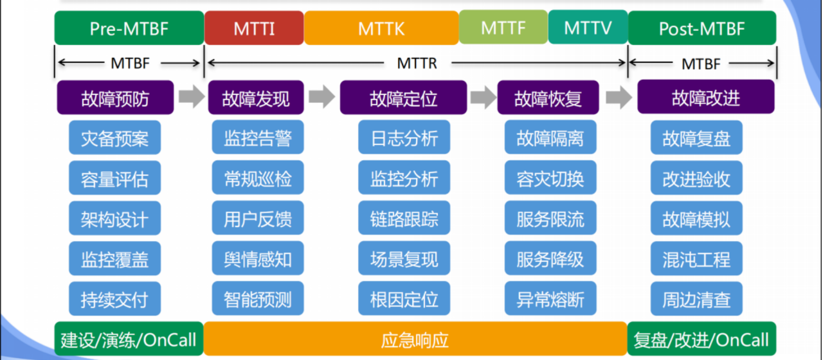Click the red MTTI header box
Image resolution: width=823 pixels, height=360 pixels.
[x=254, y=28]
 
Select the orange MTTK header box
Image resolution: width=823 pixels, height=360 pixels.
[x=381, y=28]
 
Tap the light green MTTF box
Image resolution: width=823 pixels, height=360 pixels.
[x=503, y=28]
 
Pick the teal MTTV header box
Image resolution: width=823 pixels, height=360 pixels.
[x=588, y=28]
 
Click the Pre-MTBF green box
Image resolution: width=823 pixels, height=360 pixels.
[x=129, y=28]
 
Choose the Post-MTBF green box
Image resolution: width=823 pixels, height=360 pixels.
[x=701, y=28]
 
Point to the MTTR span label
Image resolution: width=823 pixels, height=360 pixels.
[x=416, y=63]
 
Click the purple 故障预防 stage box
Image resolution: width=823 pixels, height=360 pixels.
[x=115, y=98]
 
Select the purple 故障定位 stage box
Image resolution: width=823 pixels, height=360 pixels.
[x=403, y=98]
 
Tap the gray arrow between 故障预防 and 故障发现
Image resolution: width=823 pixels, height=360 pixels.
[x=191, y=97]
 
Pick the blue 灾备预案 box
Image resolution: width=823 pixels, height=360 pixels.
[x=114, y=138]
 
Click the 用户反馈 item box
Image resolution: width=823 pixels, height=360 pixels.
[x=258, y=219]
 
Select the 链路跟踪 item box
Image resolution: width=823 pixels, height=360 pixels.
[x=404, y=219]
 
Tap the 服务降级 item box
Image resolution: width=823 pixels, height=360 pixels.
[x=550, y=259]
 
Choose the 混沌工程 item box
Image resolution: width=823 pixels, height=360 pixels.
[x=696, y=259]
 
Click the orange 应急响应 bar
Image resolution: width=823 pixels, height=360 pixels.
[x=415, y=339]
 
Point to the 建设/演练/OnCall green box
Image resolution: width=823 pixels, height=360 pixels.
[x=129, y=339]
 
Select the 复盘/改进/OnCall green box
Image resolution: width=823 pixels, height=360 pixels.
[x=701, y=339]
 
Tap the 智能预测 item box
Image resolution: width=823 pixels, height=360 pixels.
[x=258, y=299]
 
